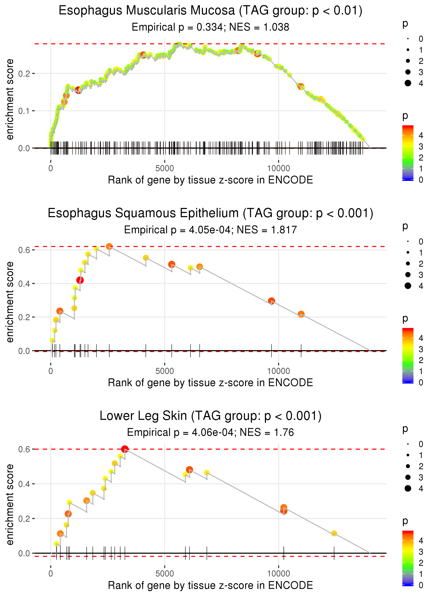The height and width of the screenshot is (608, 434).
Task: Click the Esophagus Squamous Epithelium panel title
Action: click(210, 213)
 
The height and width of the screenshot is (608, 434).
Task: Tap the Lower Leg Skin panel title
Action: click(210, 416)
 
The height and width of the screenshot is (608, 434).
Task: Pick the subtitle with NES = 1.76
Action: click(210, 432)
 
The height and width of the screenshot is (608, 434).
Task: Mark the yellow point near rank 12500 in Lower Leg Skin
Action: click(334, 533)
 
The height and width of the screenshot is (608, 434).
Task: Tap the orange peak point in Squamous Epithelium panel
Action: click(109, 247)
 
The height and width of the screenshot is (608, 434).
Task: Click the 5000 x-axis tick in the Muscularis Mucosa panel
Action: click(165, 169)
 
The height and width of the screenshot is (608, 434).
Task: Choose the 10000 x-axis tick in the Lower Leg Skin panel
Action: click(278, 573)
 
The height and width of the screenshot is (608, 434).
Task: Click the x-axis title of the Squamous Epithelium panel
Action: click(210, 383)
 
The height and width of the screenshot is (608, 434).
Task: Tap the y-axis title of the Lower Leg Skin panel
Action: click(10, 504)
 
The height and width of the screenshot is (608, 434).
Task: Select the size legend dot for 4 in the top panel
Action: click(408, 83)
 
